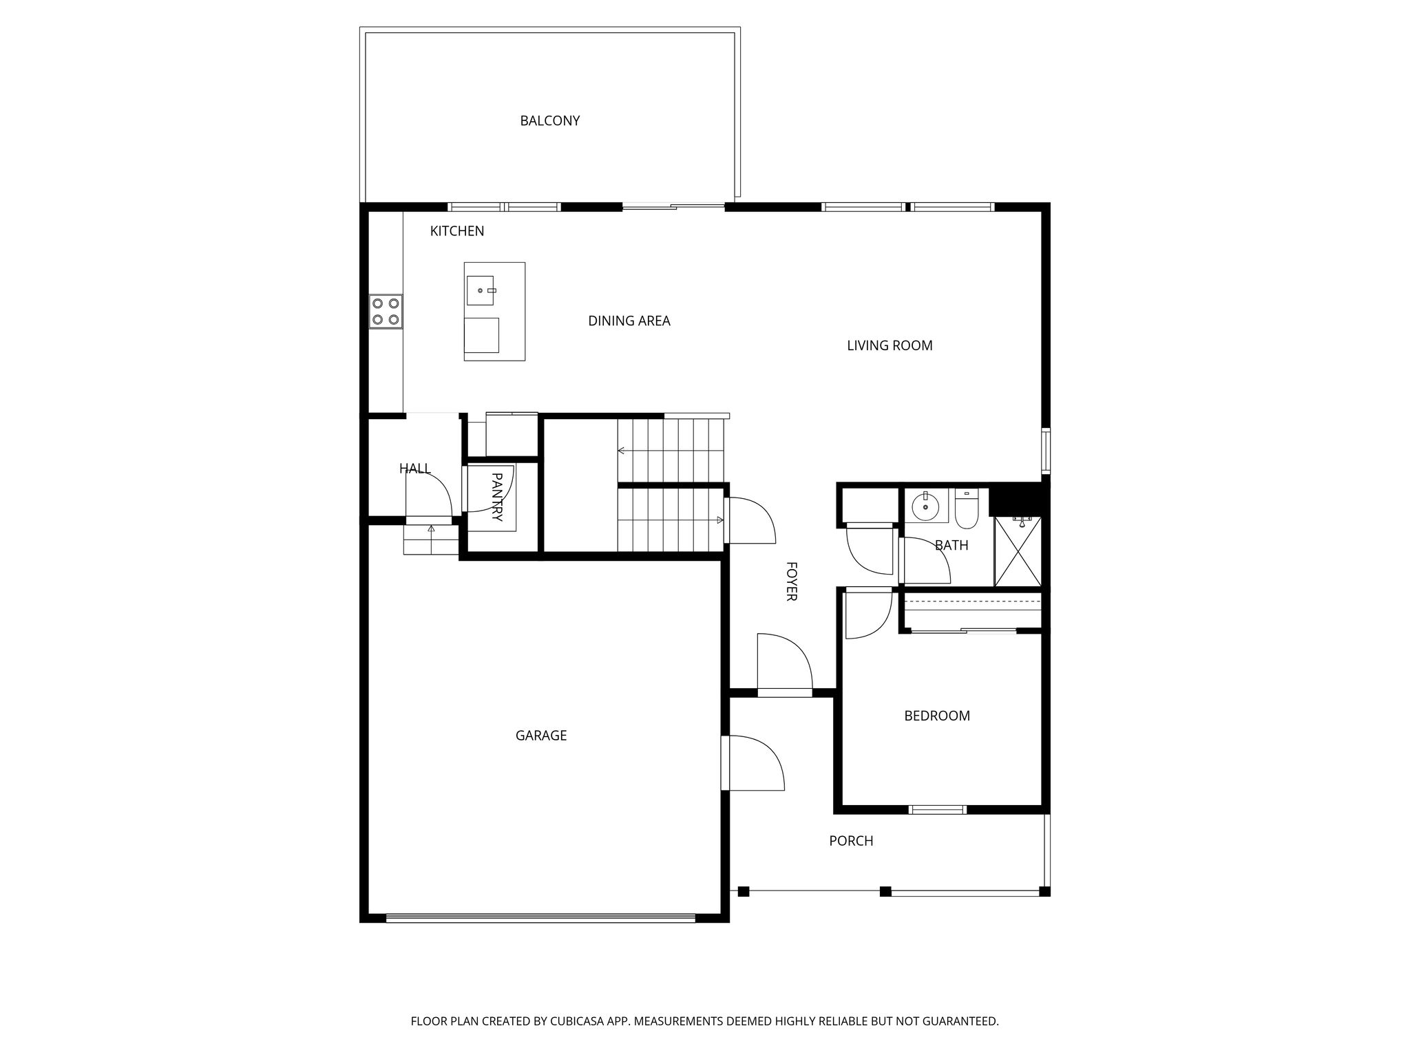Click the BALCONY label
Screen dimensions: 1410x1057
(549, 121)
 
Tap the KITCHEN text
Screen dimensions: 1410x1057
(457, 231)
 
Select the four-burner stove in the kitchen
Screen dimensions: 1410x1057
(386, 312)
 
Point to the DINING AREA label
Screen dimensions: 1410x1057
(629, 321)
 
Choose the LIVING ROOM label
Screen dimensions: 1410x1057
(890, 345)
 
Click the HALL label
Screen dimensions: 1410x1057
(415, 469)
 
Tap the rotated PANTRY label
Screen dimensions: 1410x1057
(497, 497)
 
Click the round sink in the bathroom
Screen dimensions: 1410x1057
(925, 507)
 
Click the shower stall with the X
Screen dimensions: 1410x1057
(1018, 551)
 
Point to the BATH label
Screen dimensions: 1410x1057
(951, 546)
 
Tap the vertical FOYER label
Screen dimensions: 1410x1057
(792, 581)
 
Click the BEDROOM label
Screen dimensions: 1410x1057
(937, 716)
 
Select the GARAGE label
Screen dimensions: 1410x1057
(541, 736)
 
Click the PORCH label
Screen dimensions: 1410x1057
(851, 841)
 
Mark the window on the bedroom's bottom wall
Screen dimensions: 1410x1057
(938, 810)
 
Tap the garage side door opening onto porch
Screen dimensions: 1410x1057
(753, 763)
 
